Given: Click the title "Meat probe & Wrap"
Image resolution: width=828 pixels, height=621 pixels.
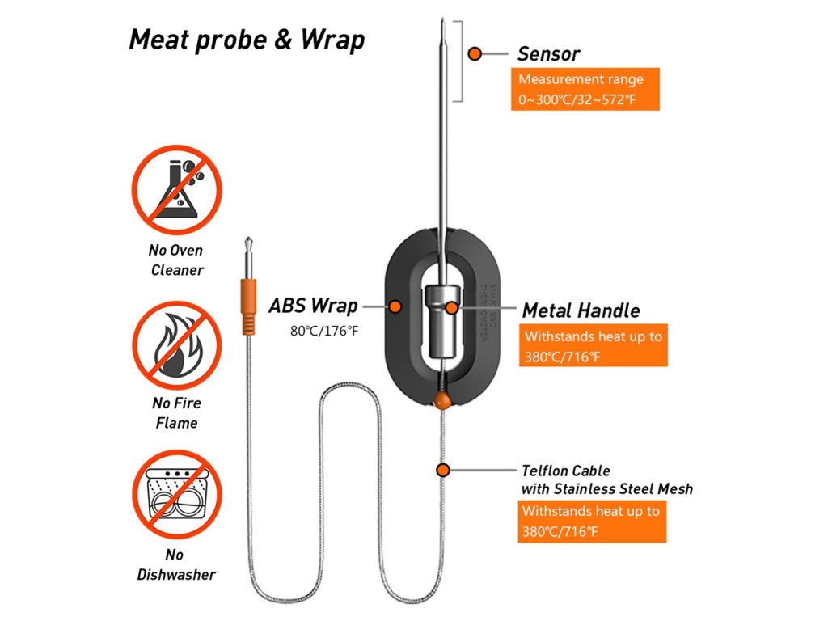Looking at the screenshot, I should tap(247, 40).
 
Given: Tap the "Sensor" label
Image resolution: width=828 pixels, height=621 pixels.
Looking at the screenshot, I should tap(550, 54).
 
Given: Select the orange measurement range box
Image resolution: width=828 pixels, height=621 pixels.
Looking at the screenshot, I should tap(585, 90).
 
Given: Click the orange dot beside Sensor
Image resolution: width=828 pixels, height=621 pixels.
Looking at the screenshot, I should tap(475, 53).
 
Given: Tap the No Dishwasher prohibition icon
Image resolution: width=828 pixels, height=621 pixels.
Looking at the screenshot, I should tap(176, 494).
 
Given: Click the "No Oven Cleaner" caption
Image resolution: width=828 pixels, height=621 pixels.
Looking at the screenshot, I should tap(176, 260).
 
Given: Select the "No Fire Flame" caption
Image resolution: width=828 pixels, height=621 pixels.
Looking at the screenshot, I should tap(176, 412).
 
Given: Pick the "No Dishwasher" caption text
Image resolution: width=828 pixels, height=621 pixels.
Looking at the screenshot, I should tap(176, 564).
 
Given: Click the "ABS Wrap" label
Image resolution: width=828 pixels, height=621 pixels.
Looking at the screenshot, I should tap(313, 306).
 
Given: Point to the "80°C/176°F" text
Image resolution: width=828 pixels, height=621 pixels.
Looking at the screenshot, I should tap(323, 331).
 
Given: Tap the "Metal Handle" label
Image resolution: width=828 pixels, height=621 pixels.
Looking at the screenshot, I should tap(581, 310).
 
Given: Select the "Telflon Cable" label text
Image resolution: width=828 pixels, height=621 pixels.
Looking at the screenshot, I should tap(566, 470).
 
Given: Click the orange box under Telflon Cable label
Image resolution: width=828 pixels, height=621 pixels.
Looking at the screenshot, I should tap(591, 522).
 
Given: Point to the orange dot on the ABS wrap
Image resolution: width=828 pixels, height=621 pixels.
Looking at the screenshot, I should tap(395, 307).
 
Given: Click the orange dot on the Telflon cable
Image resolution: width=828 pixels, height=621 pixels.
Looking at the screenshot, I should tap(442, 470).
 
